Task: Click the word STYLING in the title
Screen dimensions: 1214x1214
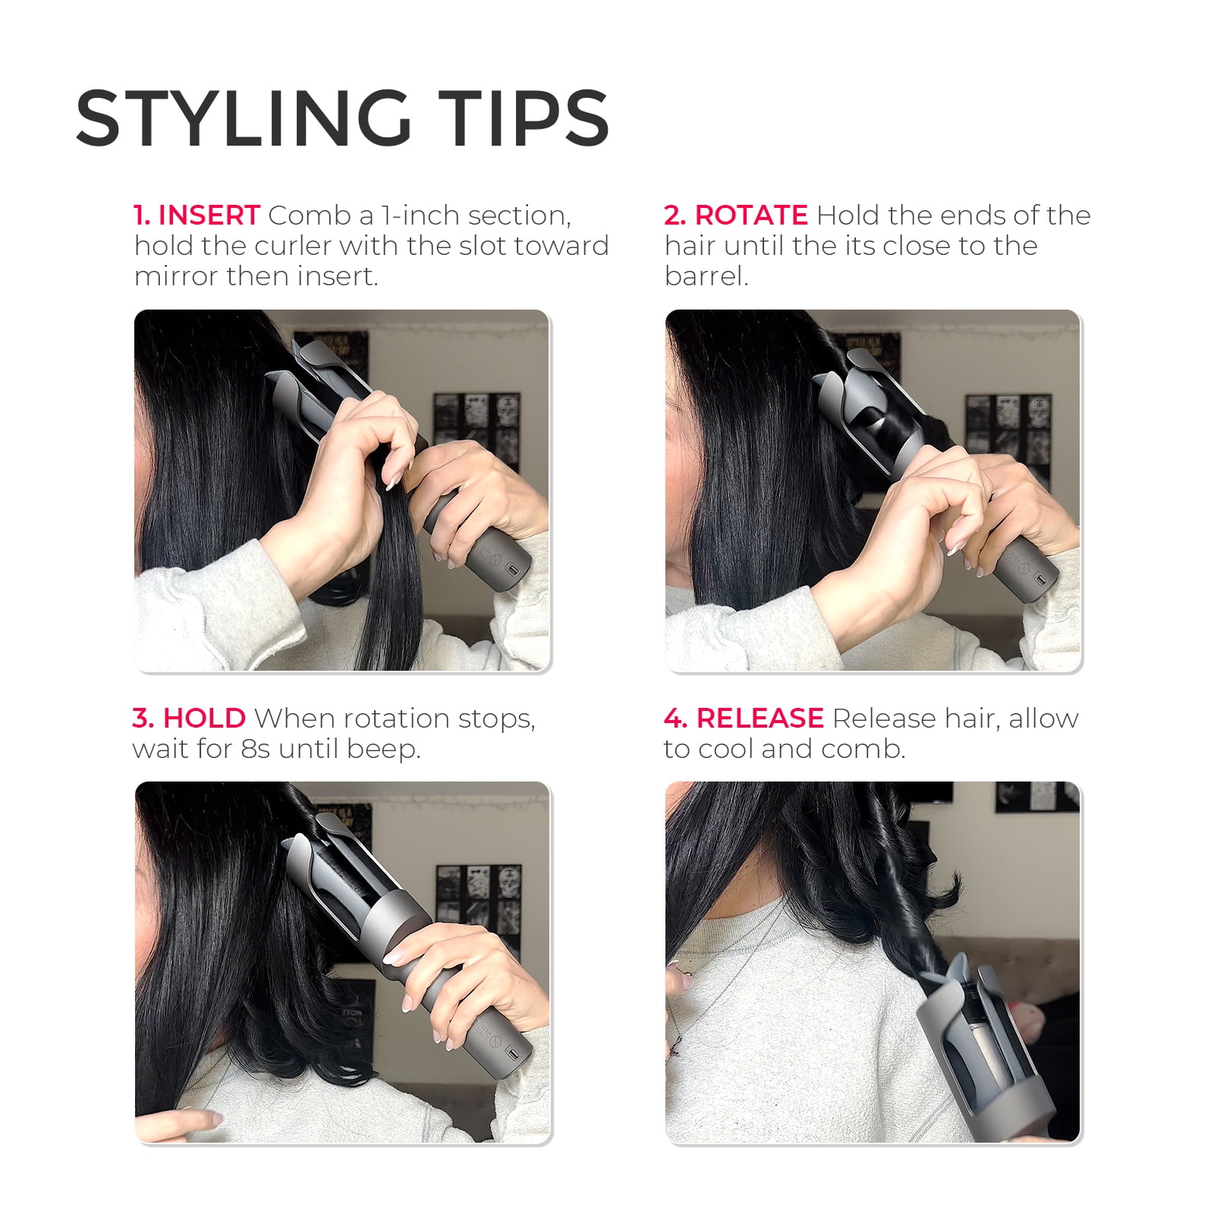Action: point(244,118)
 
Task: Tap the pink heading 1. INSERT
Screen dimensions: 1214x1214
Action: point(197,215)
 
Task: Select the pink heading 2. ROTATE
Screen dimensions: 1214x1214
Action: point(735,215)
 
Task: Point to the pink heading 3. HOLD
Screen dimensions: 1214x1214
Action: point(189,718)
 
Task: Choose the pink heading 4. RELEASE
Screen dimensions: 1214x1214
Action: point(744,718)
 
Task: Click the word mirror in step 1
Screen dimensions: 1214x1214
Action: point(177,276)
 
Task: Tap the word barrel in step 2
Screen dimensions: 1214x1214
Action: point(706,276)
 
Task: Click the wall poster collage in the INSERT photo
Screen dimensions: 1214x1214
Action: point(476,439)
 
